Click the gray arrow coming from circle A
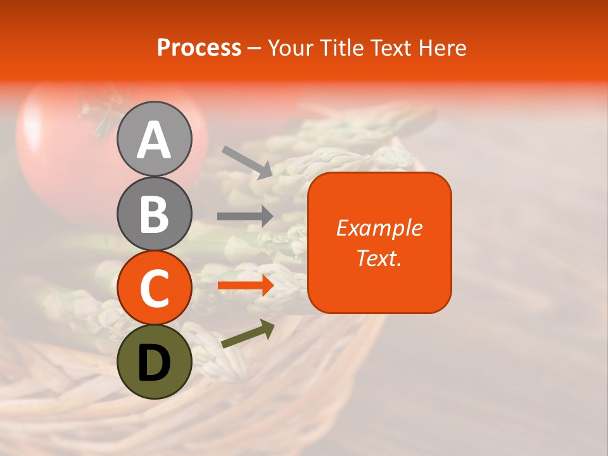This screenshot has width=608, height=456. (x=247, y=162)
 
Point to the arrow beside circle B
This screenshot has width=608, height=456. (x=245, y=216)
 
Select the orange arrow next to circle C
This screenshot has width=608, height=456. (x=245, y=286)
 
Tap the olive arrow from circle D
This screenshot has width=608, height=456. (x=248, y=334)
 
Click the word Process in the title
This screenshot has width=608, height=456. (x=199, y=47)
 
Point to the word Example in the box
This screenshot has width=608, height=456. (x=379, y=228)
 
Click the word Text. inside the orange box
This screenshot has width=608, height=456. (x=379, y=258)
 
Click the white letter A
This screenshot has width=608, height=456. (x=155, y=141)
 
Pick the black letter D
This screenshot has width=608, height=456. (x=155, y=363)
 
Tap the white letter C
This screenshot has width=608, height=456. (x=155, y=288)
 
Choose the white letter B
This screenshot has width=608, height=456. (x=155, y=214)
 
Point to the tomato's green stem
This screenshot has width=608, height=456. (x=101, y=114)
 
